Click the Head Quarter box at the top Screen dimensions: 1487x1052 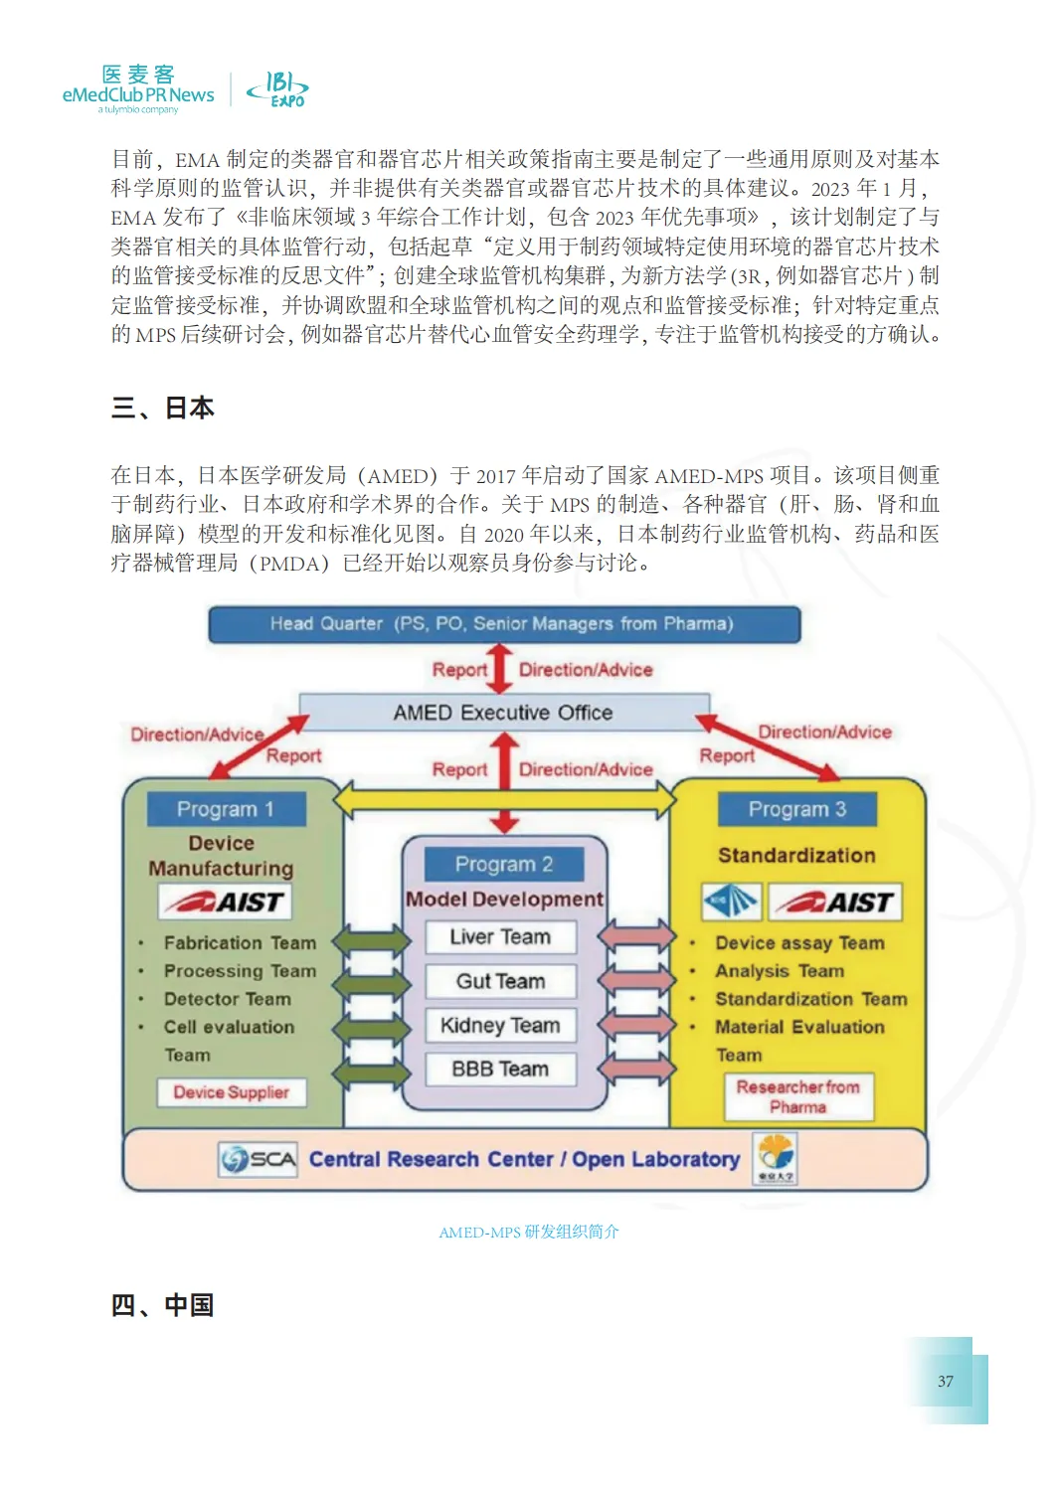[503, 624]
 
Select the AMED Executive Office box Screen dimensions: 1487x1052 [503, 713]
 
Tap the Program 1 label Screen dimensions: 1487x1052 [226, 809]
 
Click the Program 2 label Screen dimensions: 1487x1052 [503, 864]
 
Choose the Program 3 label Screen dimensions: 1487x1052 [797, 809]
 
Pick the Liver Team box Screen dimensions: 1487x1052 [500, 937]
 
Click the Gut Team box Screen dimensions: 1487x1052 [500, 981]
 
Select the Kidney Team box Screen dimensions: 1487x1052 [500, 1025]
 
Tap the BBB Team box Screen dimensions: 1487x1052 [500, 1069]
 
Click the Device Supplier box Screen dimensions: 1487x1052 [232, 1092]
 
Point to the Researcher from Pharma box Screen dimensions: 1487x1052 [798, 1097]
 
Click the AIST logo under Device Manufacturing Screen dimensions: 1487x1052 [226, 902]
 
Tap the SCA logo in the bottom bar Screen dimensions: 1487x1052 [259, 1159]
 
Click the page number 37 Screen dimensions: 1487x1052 [946, 1381]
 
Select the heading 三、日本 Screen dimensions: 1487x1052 [163, 409]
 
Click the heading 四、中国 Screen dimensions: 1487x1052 [163, 1305]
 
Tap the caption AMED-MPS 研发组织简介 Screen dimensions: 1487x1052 [529, 1233]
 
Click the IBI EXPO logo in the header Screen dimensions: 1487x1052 [278, 89]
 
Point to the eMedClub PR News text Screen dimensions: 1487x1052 [138, 95]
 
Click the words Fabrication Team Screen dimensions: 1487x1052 [240, 942]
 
